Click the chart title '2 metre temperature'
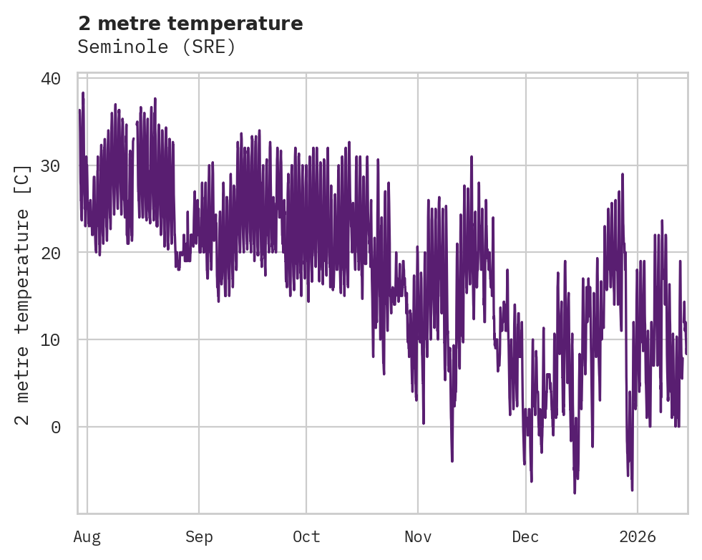(190, 24)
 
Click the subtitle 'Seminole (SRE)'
(157, 47)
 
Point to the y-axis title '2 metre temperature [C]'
(24, 295)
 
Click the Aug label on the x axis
(87, 537)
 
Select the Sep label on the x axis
(199, 537)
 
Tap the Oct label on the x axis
(306, 537)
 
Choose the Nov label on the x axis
(418, 537)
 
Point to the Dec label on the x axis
(525, 537)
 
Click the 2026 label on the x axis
(637, 537)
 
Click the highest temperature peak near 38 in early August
(83, 93)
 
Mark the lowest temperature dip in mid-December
(574, 492)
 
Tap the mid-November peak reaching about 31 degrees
(472, 157)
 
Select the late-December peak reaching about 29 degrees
(623, 174)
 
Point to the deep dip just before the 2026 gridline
(632, 489)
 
